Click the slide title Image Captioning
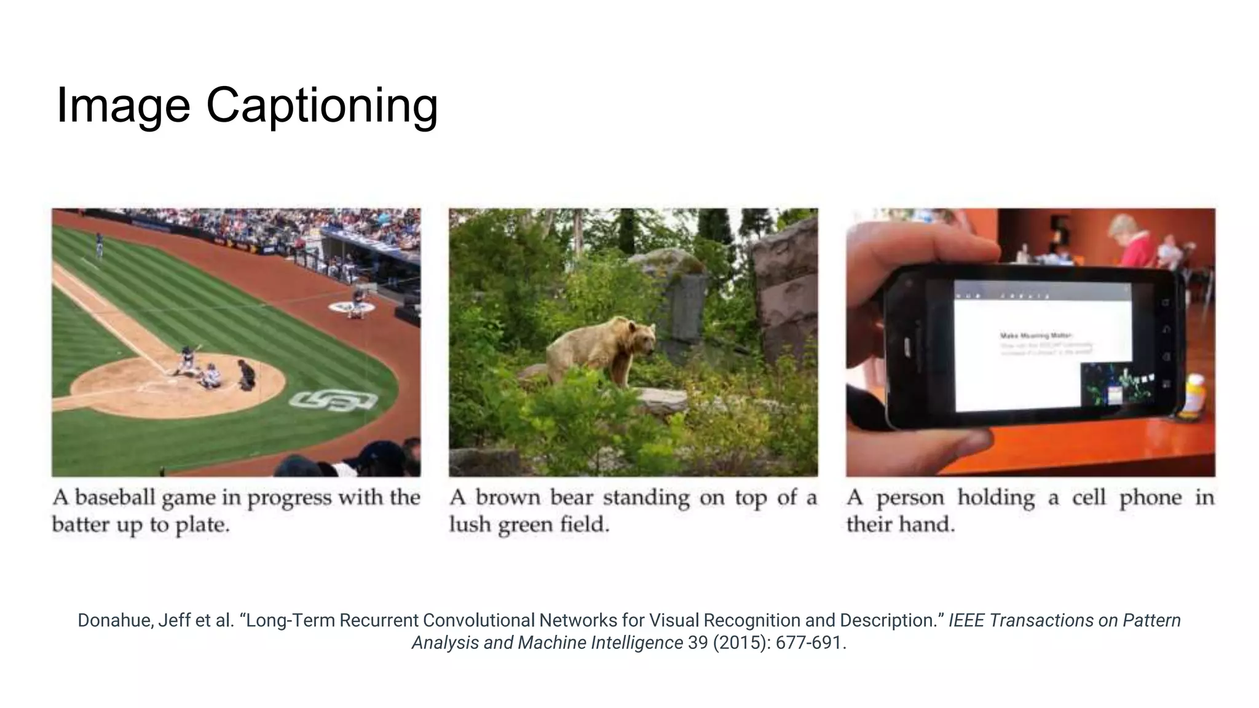pos(247,105)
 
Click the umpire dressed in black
pos(247,374)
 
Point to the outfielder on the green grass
pos(99,244)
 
